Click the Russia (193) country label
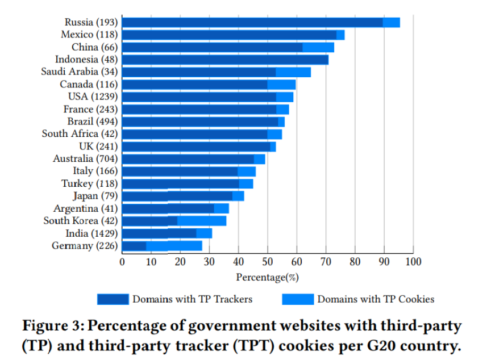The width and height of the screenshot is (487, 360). pos(91,22)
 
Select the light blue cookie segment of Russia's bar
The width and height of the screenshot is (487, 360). pos(391,22)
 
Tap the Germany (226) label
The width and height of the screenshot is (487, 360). pos(85,246)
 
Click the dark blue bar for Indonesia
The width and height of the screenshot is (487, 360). pos(225,60)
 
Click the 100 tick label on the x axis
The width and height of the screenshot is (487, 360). pos(413,262)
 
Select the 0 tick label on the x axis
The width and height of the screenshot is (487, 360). pos(122,262)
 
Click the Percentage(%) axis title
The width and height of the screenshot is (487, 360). pos(267,277)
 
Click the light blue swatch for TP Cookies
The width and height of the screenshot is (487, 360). pos(297,299)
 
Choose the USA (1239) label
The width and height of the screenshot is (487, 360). pos(93,97)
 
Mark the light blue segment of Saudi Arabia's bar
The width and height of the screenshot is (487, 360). pos(293,72)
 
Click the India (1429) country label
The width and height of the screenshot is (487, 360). pos(91,233)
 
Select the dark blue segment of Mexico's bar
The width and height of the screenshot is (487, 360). pos(229,35)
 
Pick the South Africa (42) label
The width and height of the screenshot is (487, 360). pos(80,134)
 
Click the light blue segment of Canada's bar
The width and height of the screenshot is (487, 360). pos(281,85)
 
